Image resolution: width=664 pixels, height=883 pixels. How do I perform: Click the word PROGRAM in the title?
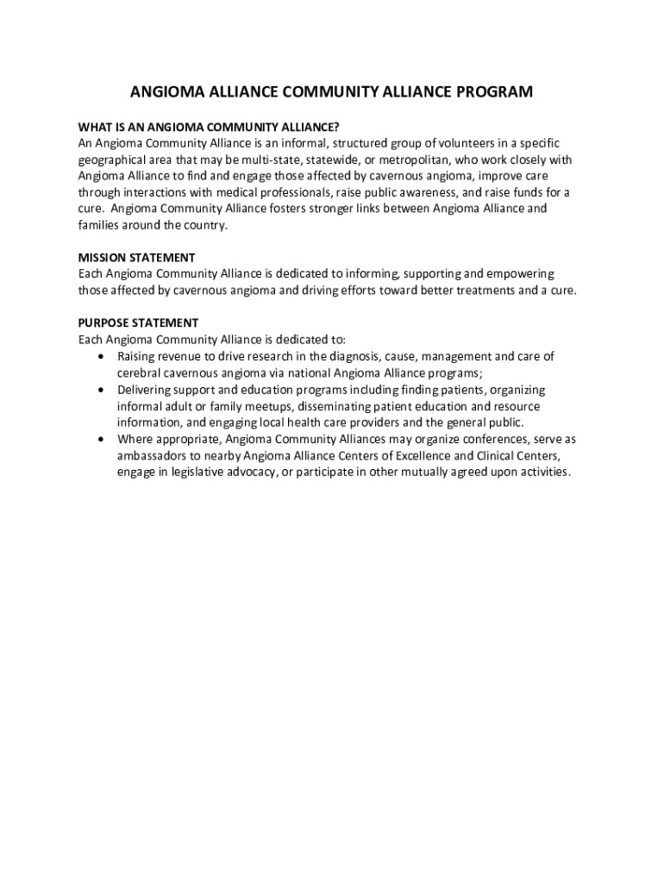click(x=492, y=91)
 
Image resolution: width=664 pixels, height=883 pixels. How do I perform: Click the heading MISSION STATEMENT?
click(x=136, y=258)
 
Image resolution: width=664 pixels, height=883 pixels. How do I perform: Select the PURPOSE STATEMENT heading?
click(x=138, y=323)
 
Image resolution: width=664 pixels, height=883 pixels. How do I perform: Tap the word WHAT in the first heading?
click(x=96, y=127)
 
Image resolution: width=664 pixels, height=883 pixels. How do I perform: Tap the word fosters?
click(x=300, y=209)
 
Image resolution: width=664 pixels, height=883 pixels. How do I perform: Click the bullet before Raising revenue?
click(x=103, y=356)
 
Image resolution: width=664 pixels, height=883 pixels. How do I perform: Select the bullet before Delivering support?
click(x=103, y=390)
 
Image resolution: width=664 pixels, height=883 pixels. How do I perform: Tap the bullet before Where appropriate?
click(x=103, y=439)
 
